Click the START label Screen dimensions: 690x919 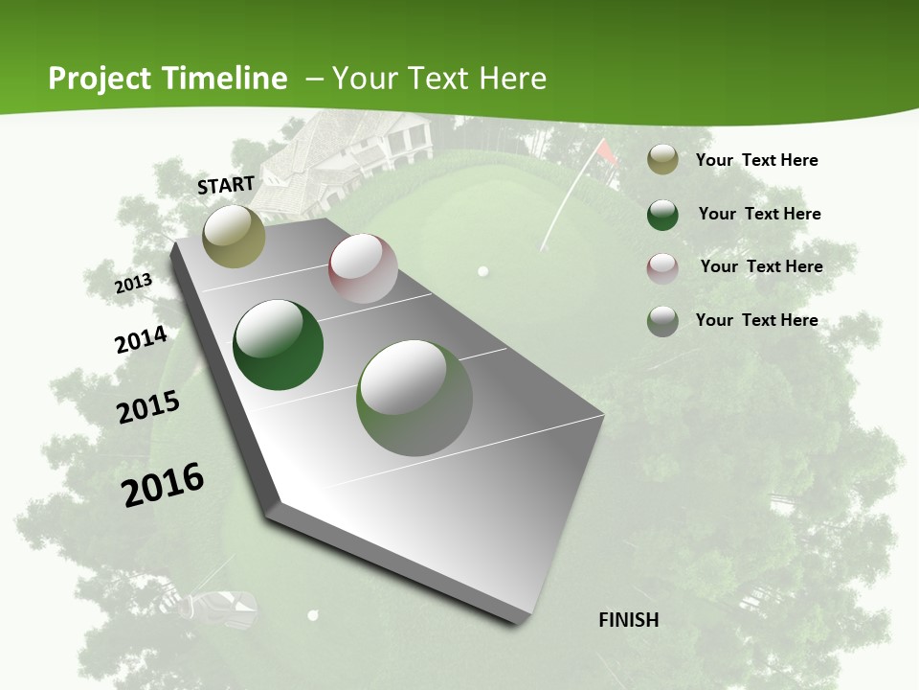click(226, 185)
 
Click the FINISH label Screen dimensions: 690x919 click(628, 620)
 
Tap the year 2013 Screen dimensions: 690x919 click(133, 283)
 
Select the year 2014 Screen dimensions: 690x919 click(141, 340)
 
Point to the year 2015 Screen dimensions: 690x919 click(148, 406)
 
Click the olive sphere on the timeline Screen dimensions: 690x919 click(234, 236)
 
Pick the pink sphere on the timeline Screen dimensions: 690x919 click(363, 268)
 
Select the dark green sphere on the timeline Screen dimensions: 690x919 click(278, 345)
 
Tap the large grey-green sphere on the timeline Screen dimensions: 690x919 click(414, 398)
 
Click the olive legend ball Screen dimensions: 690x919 click(662, 160)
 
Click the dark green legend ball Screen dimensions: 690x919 click(662, 215)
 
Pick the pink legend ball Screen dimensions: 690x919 click(662, 267)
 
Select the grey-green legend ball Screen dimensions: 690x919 click(662, 321)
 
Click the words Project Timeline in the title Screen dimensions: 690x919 click(168, 79)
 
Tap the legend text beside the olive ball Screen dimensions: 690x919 click(756, 160)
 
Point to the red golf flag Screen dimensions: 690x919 click(605, 149)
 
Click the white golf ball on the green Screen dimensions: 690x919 click(482, 271)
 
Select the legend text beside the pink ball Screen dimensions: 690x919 click(761, 266)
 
